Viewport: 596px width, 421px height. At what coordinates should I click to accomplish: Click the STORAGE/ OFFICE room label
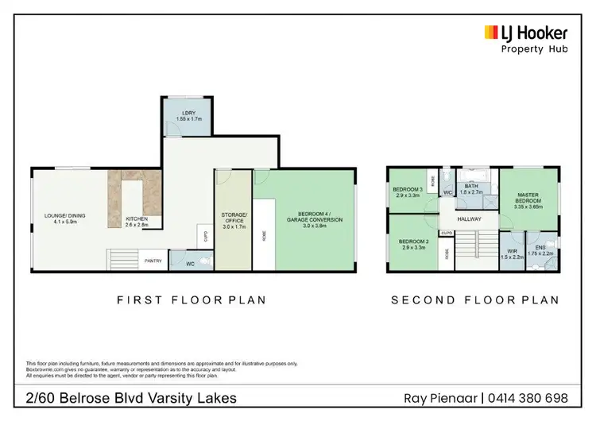(234, 218)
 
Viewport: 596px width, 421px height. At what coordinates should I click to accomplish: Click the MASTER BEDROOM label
(528, 199)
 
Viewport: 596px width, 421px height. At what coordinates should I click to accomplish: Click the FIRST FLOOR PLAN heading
(191, 300)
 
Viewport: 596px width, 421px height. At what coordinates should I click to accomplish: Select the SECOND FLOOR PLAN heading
(474, 300)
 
